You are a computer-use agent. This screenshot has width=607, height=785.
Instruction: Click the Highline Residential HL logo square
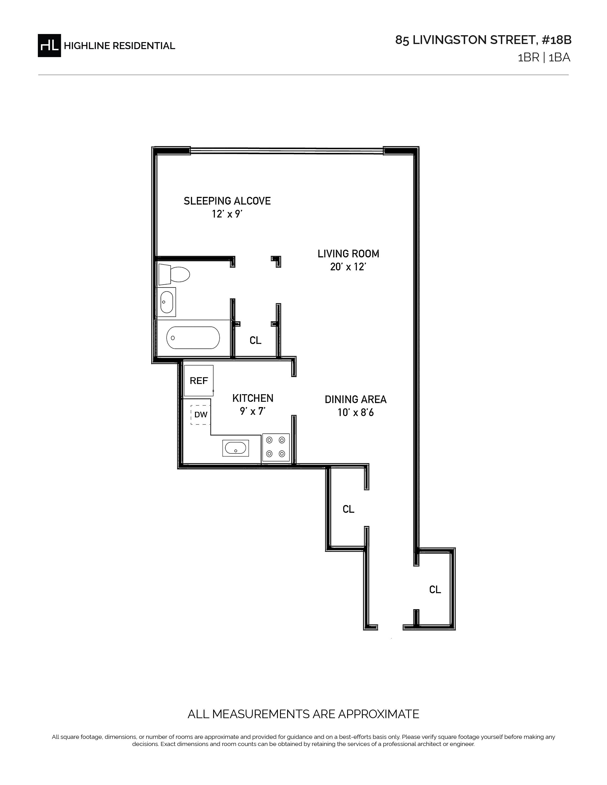[49, 46]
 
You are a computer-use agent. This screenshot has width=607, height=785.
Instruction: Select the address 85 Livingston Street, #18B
[483, 40]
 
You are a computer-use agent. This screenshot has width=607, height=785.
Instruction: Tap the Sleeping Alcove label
[227, 201]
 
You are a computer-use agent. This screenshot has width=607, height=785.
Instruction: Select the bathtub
[193, 338]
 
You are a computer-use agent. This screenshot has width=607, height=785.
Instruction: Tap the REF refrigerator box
[199, 381]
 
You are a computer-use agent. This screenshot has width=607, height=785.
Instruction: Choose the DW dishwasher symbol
[201, 415]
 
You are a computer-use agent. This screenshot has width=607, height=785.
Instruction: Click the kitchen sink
[235, 448]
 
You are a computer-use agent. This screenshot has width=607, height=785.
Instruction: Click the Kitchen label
[253, 398]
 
